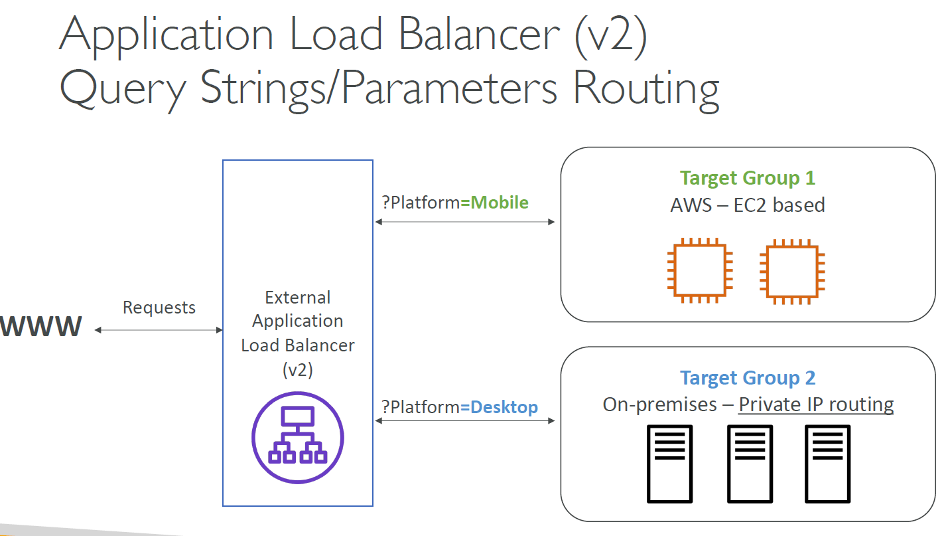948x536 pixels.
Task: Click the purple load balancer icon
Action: pyautogui.click(x=297, y=437)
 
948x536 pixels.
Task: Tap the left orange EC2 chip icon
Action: pyautogui.click(x=700, y=270)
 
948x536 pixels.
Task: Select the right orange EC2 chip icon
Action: pyautogui.click(x=792, y=272)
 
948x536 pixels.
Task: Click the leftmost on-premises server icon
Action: pyautogui.click(x=669, y=464)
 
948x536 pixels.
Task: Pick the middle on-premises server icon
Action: pyautogui.click(x=750, y=464)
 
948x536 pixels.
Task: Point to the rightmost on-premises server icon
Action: pyautogui.click(x=827, y=464)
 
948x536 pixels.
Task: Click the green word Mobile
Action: pyautogui.click(x=500, y=203)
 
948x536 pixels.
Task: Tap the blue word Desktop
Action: pyautogui.click(x=504, y=406)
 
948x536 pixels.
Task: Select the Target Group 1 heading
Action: pyautogui.click(x=748, y=178)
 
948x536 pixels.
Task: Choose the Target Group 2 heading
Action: pyautogui.click(x=748, y=377)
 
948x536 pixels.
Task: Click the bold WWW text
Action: pyautogui.click(x=40, y=326)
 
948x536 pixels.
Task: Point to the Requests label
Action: pyautogui.click(x=159, y=308)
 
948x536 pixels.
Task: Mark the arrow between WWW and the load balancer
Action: pyautogui.click(x=159, y=330)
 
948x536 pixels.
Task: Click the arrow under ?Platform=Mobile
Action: pyautogui.click(x=464, y=222)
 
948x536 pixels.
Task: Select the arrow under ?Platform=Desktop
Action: pyautogui.click(x=464, y=420)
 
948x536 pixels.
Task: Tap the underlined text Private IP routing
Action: pyautogui.click(x=816, y=404)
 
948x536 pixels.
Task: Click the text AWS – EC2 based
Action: pyautogui.click(x=748, y=205)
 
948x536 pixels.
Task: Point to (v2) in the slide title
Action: pyautogui.click(x=611, y=37)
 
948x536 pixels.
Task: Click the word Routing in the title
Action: pyautogui.click(x=646, y=90)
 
